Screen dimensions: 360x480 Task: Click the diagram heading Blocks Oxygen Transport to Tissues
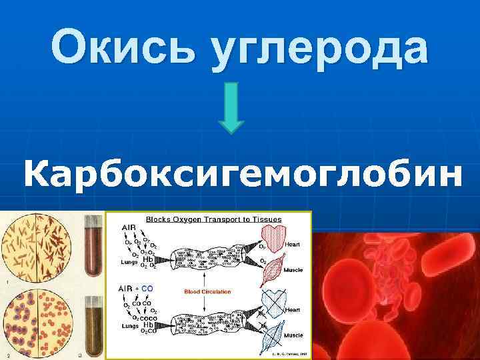click(213, 219)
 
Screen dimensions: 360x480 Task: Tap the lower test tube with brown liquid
click(93, 327)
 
